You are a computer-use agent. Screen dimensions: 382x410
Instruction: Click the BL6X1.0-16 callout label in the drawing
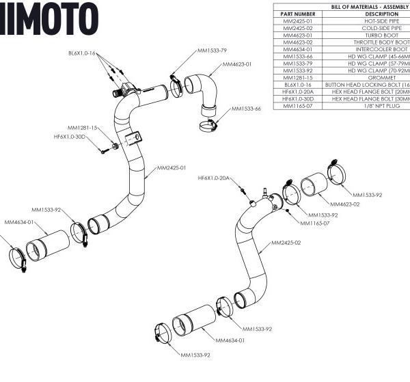pyautogui.click(x=81, y=53)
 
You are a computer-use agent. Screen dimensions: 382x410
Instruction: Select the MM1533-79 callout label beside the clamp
pyautogui.click(x=212, y=51)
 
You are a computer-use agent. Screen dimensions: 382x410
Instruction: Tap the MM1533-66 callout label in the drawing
pyautogui.click(x=246, y=109)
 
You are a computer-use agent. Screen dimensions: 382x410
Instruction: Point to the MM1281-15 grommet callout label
pyautogui.click(x=83, y=128)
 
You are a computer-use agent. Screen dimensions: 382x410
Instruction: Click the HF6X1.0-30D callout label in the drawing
pyautogui.click(x=70, y=137)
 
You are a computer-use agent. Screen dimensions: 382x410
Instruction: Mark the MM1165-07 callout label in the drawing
pyautogui.click(x=315, y=223)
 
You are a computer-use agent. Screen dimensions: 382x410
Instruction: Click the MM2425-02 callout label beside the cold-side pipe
pyautogui.click(x=286, y=243)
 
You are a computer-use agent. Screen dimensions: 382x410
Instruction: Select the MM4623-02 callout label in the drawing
pyautogui.click(x=345, y=204)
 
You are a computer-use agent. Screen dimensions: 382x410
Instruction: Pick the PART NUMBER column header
pyautogui.click(x=298, y=14)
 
